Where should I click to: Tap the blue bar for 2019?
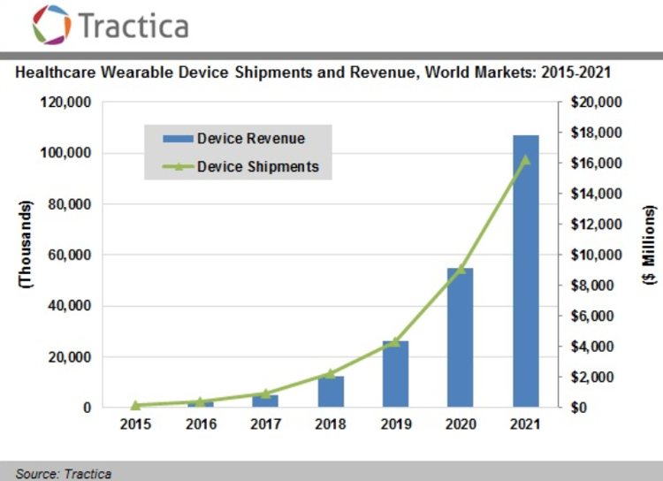[395, 374]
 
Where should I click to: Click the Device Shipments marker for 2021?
[526, 159]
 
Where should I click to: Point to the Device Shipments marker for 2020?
[461, 269]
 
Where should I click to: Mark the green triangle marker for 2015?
[135, 405]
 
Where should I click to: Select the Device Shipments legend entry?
[240, 165]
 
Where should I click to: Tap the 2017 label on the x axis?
[265, 425]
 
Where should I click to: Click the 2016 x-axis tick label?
[200, 425]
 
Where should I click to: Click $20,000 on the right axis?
[596, 103]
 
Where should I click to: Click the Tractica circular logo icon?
[50, 24]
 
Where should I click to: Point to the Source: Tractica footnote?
[64, 473]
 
